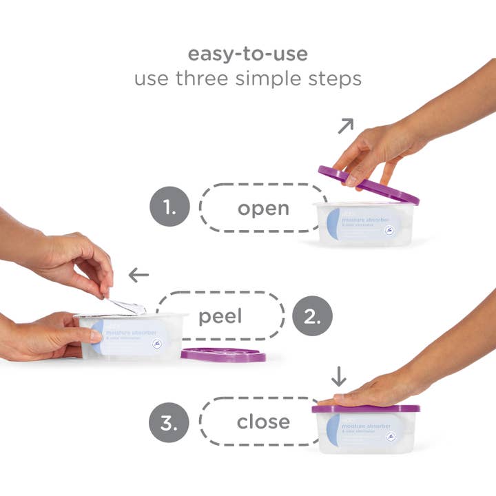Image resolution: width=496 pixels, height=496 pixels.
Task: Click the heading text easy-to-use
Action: click(247, 54)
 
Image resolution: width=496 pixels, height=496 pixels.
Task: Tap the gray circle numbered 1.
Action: click(169, 207)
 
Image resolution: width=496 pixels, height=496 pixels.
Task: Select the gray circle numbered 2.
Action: click(313, 317)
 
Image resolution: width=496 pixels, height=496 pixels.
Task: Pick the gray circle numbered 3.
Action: click(169, 421)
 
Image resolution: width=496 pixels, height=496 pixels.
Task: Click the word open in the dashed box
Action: click(263, 208)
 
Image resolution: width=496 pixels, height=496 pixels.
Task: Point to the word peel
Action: click(220, 317)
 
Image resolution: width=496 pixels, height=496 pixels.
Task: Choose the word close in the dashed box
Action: click(263, 422)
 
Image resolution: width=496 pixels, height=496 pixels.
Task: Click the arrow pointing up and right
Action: click(345, 125)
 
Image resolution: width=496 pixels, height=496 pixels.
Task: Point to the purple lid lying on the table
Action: click(223, 355)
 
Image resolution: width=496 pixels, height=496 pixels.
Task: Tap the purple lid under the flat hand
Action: click(366, 408)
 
